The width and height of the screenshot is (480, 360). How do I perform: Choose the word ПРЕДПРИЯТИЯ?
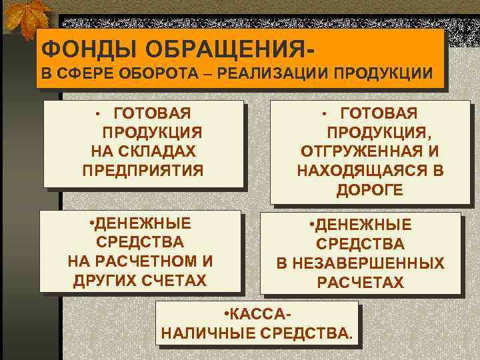click(143, 170)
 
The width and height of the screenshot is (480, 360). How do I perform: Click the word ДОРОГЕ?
click(369, 190)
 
